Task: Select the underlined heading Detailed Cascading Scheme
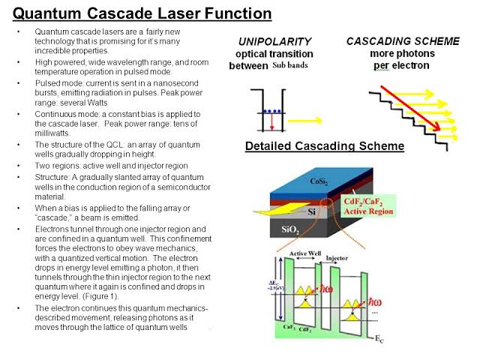[325, 146]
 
